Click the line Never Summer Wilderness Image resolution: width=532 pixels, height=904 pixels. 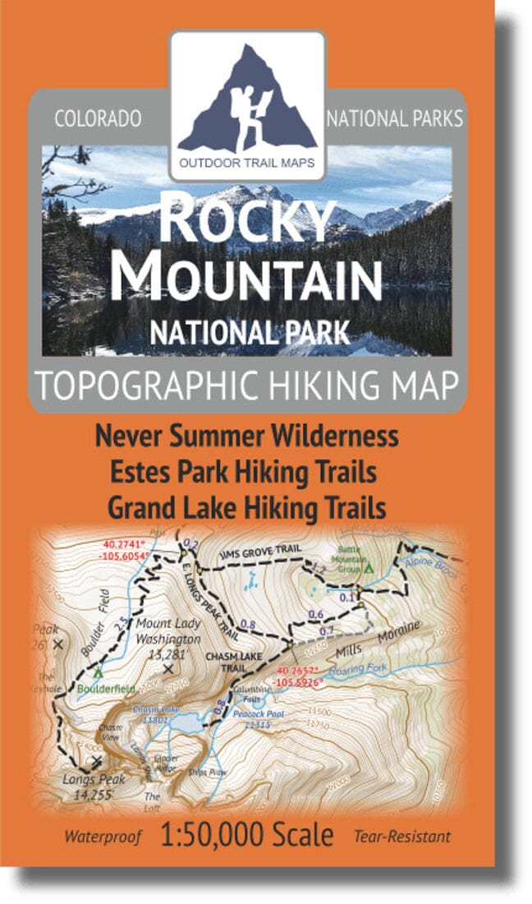tap(247, 435)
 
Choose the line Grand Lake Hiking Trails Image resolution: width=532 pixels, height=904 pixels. tap(247, 508)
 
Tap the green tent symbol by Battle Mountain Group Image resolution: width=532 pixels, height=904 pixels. tap(369, 567)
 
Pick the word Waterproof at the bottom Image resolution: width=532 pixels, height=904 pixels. tap(106, 837)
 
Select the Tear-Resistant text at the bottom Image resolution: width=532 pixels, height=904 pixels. tap(402, 837)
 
